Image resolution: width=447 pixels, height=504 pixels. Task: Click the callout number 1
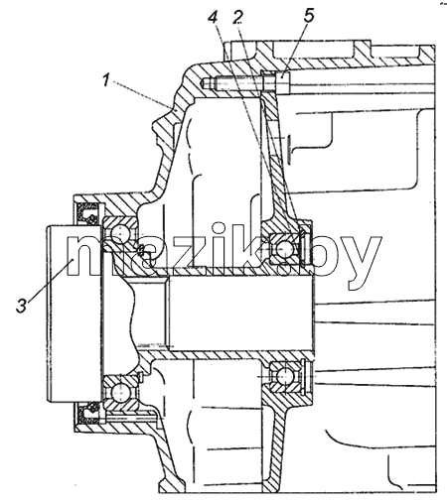coord(106,80)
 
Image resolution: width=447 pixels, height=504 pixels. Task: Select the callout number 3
coord(22,305)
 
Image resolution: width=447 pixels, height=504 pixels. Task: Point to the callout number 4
coord(213,17)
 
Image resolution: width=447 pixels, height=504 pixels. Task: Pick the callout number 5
coord(308,16)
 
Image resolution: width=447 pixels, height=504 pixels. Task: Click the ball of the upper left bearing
coord(119,235)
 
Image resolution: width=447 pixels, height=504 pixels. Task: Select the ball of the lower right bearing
coord(284,376)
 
